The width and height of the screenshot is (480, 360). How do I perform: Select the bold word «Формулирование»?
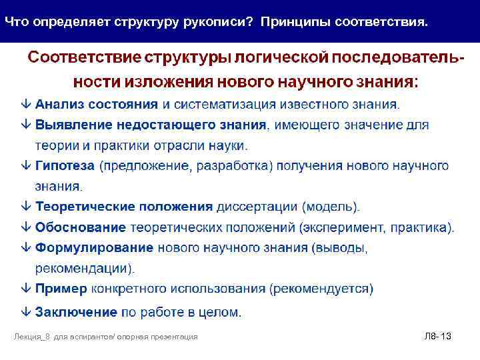click(94, 248)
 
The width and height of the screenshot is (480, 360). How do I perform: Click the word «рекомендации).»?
click(85, 269)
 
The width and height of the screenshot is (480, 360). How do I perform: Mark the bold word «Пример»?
click(61, 289)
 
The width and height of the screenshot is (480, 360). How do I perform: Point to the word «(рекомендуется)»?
click(321, 289)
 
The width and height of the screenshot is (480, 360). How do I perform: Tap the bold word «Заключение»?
click(76, 311)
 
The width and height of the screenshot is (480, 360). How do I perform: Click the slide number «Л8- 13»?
click(437, 337)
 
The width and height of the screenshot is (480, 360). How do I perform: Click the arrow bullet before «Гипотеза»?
click(25, 166)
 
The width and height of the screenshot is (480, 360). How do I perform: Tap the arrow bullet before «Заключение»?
click(25, 311)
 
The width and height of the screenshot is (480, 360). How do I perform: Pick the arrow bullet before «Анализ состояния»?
click(25, 104)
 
